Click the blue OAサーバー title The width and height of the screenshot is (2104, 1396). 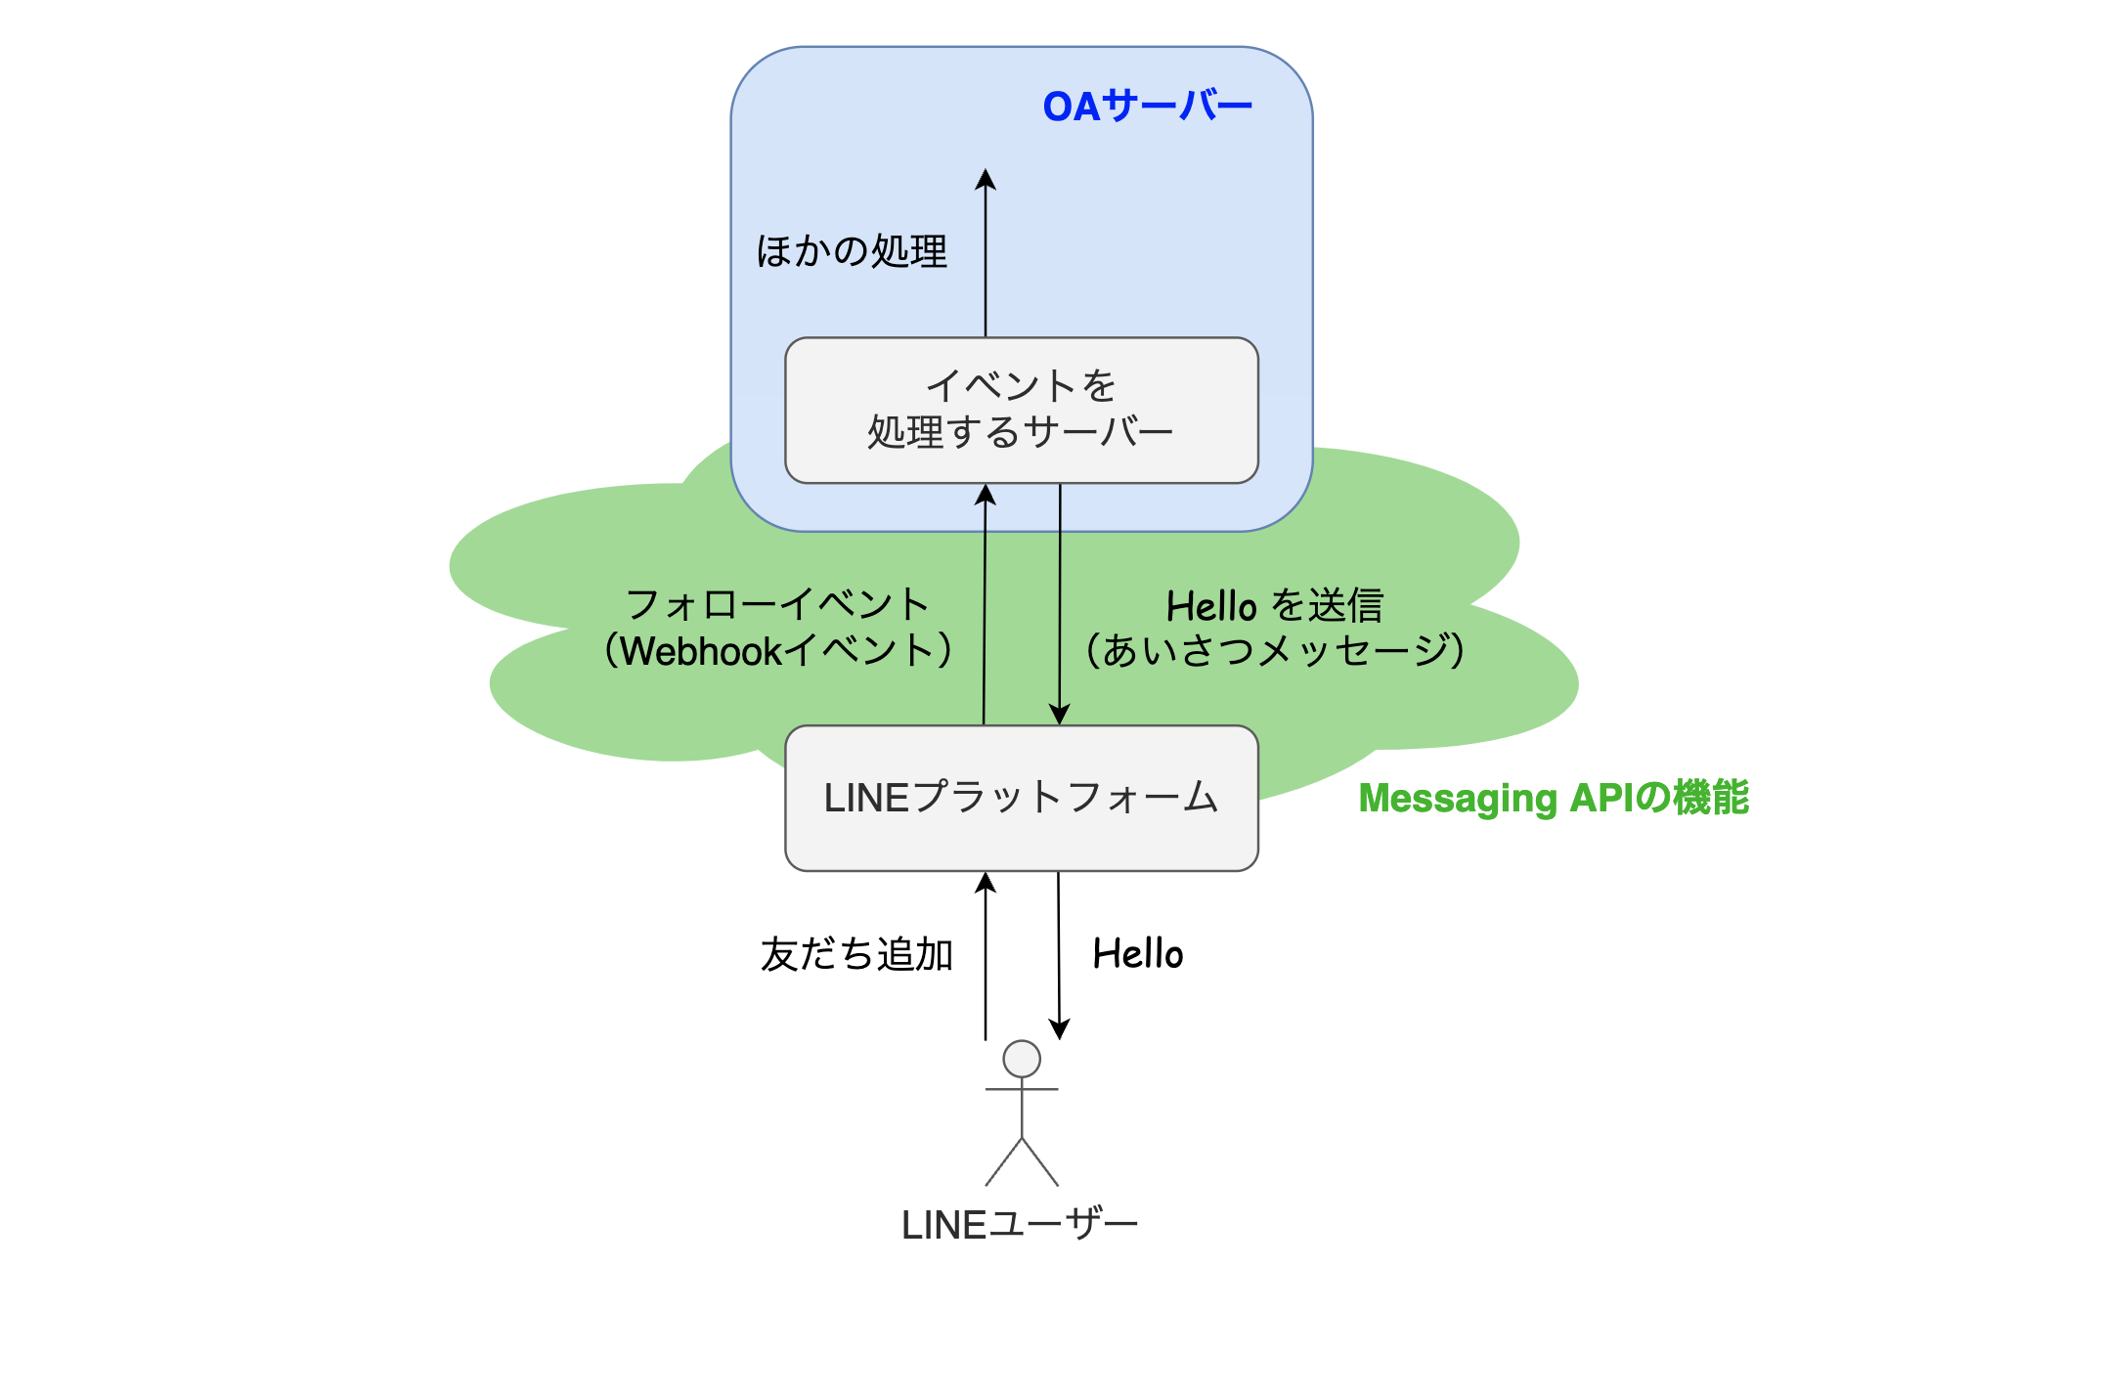point(1147,106)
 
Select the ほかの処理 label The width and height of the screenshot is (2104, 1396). point(852,251)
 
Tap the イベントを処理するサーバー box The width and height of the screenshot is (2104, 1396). point(1022,410)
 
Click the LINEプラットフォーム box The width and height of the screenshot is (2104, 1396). point(1022,798)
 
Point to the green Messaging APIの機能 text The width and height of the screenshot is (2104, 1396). point(1553,798)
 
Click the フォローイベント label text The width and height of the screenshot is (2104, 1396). point(777,604)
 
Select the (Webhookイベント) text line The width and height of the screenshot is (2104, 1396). point(777,651)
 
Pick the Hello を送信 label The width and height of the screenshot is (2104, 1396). point(1274,606)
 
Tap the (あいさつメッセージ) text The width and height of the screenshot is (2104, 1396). point(1274,651)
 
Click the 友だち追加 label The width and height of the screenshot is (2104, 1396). point(856,954)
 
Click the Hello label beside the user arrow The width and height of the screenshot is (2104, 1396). point(1138,954)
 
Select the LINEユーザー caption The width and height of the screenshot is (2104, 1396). point(1020,1225)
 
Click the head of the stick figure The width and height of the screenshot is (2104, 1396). point(1022,1059)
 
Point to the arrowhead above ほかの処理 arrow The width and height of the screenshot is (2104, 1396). point(986,180)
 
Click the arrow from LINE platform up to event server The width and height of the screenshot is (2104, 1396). point(985,606)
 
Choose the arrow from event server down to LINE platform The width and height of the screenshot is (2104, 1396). point(1060,606)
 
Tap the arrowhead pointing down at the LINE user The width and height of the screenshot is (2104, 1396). point(1059,1029)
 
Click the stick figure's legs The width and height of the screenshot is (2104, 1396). point(1022,1163)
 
